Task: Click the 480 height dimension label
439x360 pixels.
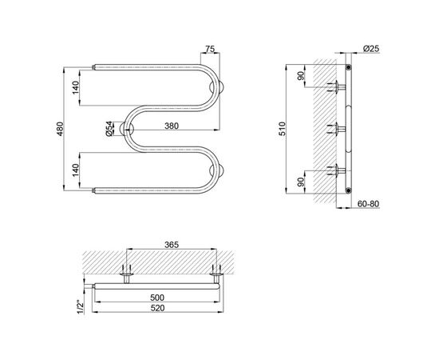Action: [x=61, y=129]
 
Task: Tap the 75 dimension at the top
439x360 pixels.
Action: [x=210, y=49]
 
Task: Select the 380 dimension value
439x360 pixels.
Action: [x=172, y=126]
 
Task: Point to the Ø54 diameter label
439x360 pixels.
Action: [x=109, y=129]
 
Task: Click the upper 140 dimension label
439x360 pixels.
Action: [x=76, y=87]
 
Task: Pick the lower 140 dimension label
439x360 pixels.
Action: [x=76, y=170]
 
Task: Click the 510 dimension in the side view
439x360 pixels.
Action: [x=283, y=129]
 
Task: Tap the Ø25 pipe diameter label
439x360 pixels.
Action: [x=371, y=49]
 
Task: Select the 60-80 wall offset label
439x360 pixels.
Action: [x=368, y=204]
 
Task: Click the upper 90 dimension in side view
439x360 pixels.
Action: [x=301, y=76]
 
